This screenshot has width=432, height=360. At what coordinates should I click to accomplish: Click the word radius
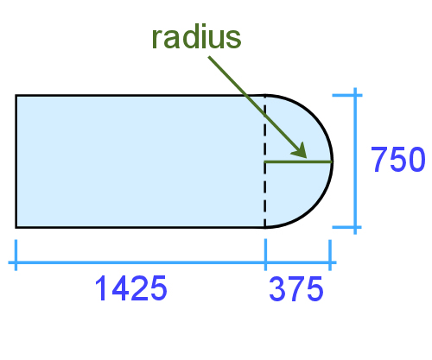click(196, 38)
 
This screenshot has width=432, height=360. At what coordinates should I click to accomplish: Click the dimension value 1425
click(130, 289)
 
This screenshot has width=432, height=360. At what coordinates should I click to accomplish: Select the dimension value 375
click(296, 289)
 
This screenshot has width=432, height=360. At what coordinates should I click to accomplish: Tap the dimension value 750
click(397, 161)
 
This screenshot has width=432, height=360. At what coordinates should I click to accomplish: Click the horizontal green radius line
click(298, 161)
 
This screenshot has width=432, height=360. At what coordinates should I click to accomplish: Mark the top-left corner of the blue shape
click(16, 95)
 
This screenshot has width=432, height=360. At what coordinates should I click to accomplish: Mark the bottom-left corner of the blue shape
click(16, 227)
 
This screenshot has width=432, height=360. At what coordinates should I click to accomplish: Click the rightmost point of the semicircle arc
click(332, 161)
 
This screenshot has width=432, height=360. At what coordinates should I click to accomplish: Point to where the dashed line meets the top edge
click(265, 95)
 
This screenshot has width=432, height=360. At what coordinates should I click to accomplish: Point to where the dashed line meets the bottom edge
click(265, 227)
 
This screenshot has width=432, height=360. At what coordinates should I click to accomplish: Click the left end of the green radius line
click(266, 161)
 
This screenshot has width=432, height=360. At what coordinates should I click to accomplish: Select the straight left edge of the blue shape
click(16, 161)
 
